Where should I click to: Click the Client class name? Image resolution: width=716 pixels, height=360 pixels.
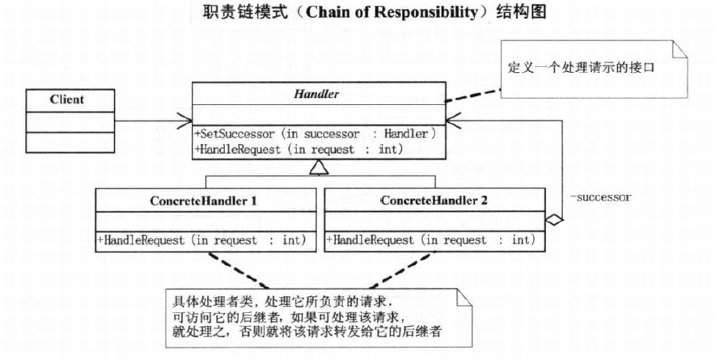[x=67, y=100]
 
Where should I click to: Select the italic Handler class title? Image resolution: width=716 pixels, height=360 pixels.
[x=316, y=94]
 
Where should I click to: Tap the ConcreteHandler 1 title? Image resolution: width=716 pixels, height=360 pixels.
[x=203, y=201]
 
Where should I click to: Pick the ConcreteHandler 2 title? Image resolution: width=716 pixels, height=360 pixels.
[x=434, y=201]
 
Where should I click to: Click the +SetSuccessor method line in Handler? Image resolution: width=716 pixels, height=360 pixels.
[x=316, y=133]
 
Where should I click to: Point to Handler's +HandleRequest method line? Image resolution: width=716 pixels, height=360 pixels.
[x=299, y=150]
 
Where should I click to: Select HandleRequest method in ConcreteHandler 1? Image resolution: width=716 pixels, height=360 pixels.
[x=201, y=240]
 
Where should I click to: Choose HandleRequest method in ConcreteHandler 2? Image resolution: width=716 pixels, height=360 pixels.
[x=430, y=239]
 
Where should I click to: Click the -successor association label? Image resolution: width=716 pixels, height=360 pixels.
[x=600, y=197]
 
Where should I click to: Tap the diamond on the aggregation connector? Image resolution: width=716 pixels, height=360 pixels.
[x=554, y=220]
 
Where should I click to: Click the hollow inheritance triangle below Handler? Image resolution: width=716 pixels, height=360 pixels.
[x=319, y=167]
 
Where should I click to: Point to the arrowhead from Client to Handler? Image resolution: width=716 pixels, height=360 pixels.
[x=186, y=121]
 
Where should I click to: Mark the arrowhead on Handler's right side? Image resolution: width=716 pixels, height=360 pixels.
[x=452, y=121]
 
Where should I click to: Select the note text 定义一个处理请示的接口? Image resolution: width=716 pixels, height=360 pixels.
[x=581, y=68]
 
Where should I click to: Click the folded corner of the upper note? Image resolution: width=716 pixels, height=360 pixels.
[x=680, y=50]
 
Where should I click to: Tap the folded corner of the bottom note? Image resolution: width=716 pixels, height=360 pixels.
[x=464, y=299]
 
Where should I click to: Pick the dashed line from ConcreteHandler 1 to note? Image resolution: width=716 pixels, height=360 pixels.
[x=239, y=270]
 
